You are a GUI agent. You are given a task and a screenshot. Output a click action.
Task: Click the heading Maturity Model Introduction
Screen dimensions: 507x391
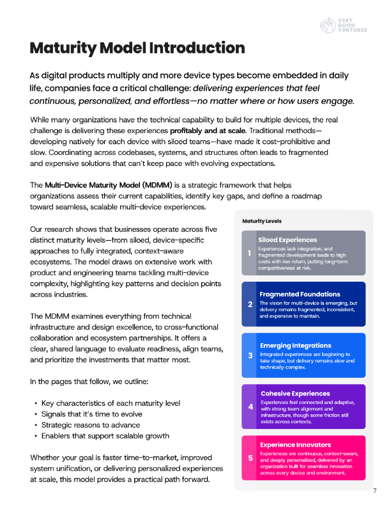coord(137,48)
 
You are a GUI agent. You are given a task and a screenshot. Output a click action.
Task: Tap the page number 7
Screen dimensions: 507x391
coord(374,491)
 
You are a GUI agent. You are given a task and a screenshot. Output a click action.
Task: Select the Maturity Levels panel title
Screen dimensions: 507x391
coord(261,221)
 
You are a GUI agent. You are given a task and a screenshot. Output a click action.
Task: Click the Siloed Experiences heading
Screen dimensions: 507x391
coord(287,239)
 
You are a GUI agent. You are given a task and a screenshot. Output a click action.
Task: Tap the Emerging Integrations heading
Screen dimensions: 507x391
coord(295,345)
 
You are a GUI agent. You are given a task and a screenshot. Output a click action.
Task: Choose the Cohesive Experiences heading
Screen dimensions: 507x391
coord(295,393)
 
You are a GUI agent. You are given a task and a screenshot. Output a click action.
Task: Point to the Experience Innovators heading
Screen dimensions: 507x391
coord(295,444)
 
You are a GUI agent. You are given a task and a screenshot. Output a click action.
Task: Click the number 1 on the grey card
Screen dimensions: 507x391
coord(249,253)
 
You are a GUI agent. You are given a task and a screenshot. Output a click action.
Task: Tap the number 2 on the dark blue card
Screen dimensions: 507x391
coord(249,304)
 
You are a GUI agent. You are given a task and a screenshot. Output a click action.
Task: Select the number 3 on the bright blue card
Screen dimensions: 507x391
coord(249,355)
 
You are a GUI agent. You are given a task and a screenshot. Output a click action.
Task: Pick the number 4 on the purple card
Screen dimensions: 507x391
coord(249,406)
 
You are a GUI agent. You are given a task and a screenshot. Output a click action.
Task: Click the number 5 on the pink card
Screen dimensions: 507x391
coord(249,458)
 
